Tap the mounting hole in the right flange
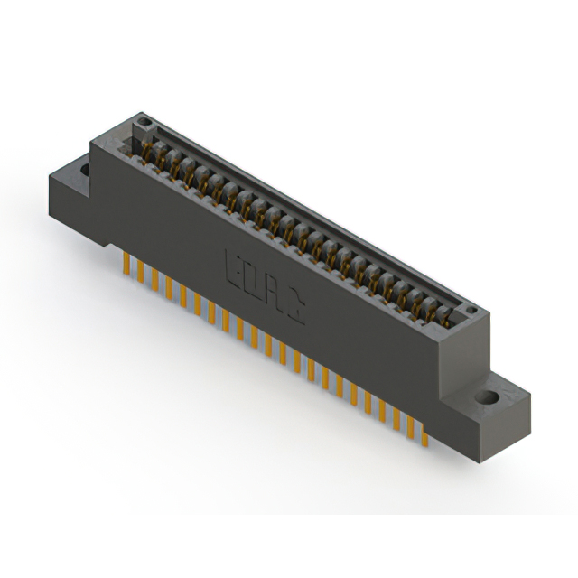[489, 397]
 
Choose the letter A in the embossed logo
[275, 294]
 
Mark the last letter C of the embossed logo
[294, 306]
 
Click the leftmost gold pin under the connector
[126, 263]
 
